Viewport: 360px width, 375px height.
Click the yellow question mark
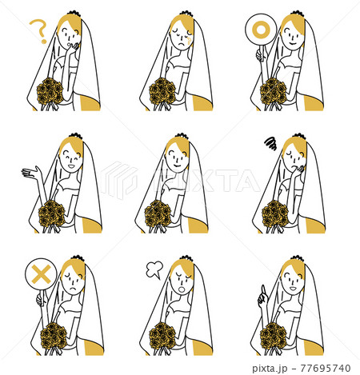point(37,31)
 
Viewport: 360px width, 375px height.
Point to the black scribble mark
point(270,145)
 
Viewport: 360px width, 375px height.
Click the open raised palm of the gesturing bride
point(31,173)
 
